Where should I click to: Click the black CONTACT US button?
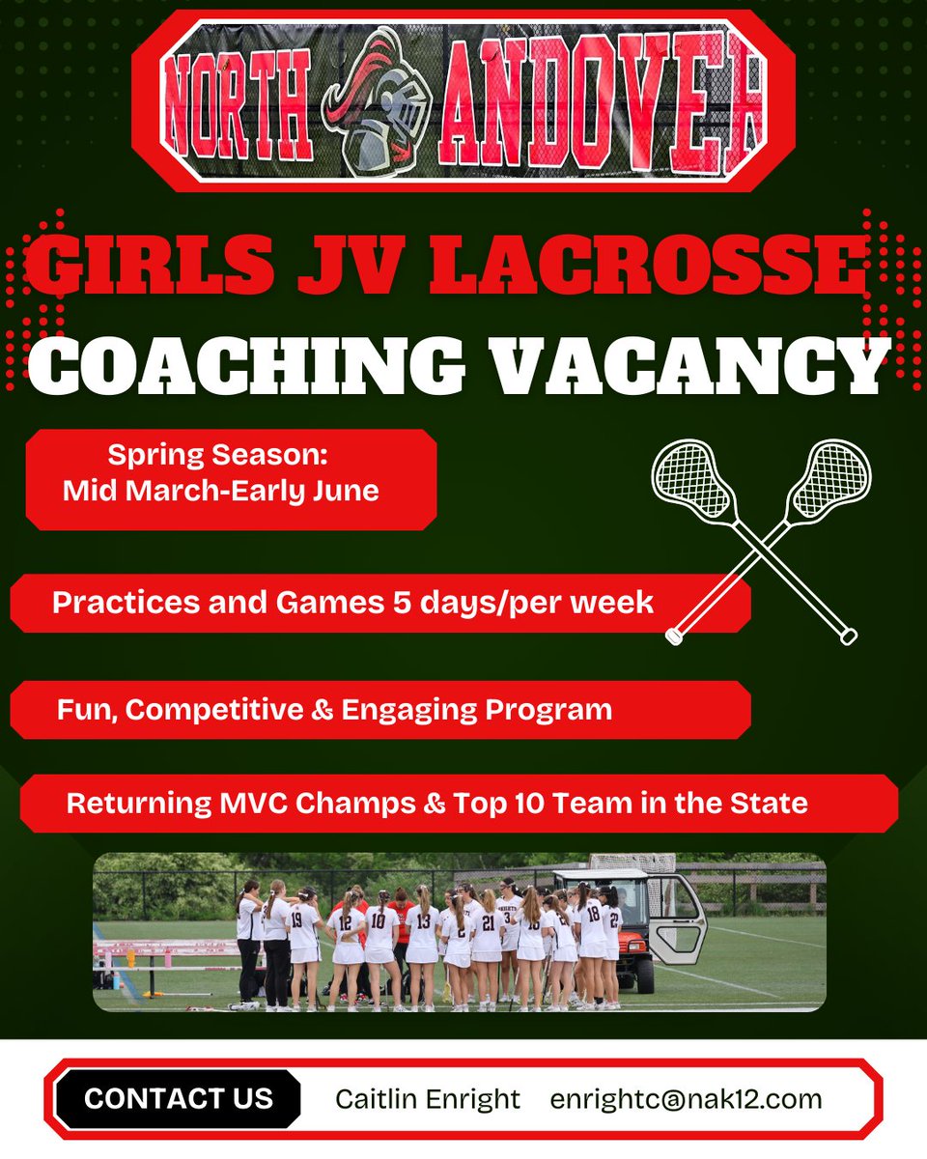[178, 1098]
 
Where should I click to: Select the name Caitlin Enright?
[428, 1098]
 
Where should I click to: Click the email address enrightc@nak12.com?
[687, 1098]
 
